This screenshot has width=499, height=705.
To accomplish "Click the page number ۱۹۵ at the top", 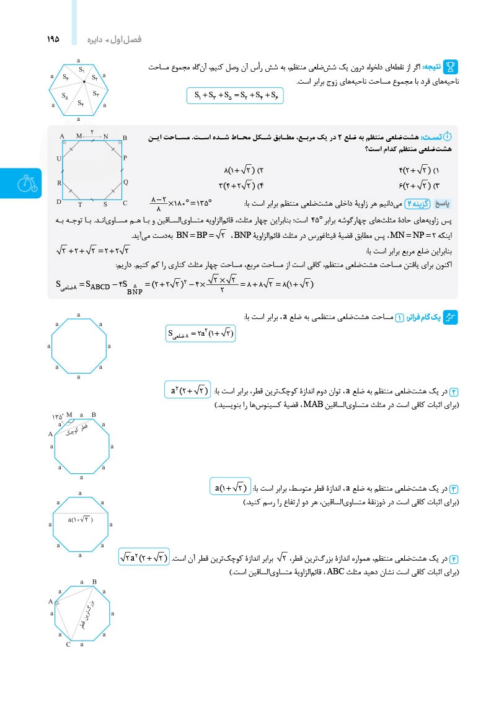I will click(53, 38).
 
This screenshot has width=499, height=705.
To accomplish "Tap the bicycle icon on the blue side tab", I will click(25, 184).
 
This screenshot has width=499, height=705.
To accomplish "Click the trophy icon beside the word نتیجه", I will click(451, 66).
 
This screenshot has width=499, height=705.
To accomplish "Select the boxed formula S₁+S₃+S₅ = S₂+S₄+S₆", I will click(235, 96).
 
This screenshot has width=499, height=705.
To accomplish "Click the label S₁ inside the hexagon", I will click(82, 69).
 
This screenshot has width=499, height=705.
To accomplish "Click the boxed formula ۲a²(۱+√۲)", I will click(201, 333).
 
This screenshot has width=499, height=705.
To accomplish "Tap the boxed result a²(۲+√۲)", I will click(189, 390).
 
